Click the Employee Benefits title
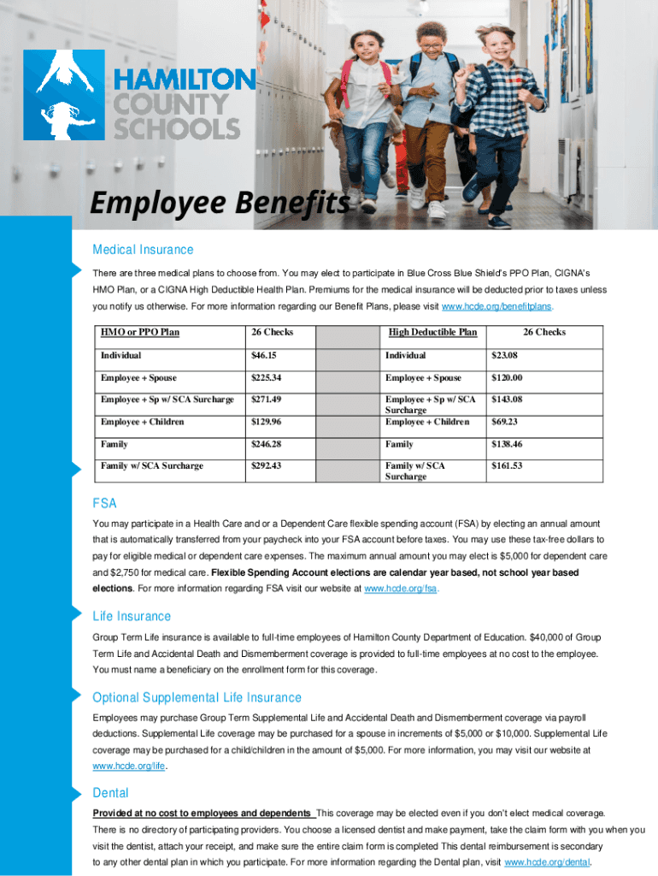pos(220,204)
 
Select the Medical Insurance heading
pos(143,250)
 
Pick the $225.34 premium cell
pos(268,377)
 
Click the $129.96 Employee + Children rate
pos(268,422)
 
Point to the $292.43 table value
pos(268,466)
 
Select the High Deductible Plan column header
pos(432,333)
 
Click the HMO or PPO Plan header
pos(140,333)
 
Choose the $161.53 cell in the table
pos(507,466)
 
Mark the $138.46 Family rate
pos(507,444)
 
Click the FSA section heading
pos(104,503)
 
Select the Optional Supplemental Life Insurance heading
pos(197,697)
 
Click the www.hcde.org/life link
pos(128,766)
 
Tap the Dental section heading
pos(110,793)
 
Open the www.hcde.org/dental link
pos(548,861)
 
